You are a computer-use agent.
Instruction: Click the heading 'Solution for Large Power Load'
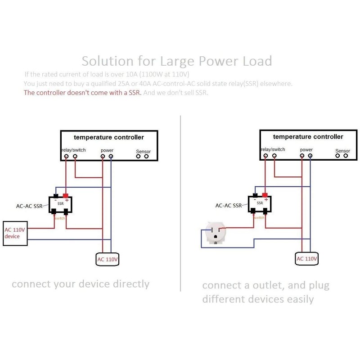176,60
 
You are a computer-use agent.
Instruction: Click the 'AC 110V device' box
16,233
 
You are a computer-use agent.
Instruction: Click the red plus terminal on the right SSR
265,195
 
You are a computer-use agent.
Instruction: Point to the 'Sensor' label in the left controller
143,152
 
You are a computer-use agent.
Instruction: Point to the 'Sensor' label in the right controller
342,151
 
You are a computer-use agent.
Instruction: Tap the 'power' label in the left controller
107,150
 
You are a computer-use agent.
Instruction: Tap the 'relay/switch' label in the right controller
273,149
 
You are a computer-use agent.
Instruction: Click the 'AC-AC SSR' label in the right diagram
229,206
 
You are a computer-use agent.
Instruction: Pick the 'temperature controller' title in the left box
109,137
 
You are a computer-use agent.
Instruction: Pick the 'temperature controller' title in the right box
308,136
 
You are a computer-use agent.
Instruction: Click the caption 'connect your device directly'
80,284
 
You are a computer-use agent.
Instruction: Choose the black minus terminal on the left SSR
55,195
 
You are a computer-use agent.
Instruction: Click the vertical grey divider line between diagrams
180,202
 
